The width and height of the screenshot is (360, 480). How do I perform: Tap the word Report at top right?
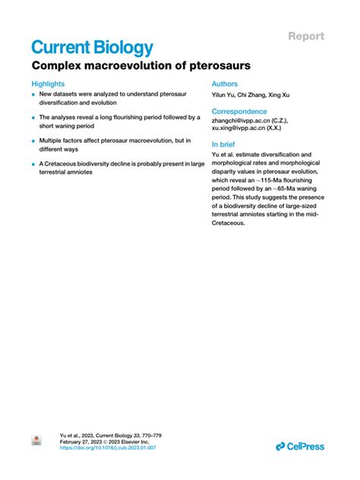pos(307,36)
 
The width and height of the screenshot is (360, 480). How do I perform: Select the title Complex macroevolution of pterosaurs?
pos(141,66)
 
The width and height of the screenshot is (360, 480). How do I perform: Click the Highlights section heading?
pos(48,84)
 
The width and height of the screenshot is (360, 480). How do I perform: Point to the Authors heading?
pos(225,84)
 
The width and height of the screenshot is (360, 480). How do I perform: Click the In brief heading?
pos(224,144)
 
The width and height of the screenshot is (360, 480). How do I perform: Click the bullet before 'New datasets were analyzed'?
pos(33,95)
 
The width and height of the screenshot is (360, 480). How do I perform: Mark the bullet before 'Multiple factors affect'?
pos(33,141)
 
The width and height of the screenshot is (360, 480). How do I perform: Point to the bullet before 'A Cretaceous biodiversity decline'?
pos(33,165)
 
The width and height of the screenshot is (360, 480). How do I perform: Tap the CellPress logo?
pos(299,446)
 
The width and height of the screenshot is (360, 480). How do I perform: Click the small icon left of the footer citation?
pos(35,441)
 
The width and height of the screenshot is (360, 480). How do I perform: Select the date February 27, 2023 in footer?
pos(81,441)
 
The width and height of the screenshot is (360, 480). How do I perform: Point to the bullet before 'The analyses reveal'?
pos(33,118)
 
